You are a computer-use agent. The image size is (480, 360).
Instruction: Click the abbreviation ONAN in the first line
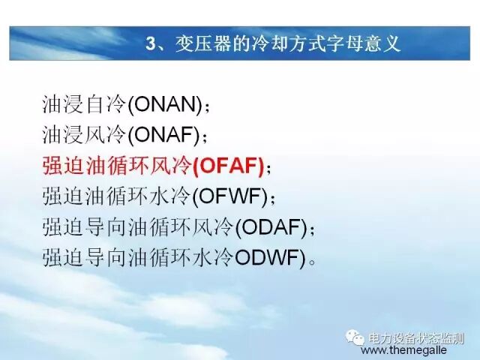[x=164, y=106]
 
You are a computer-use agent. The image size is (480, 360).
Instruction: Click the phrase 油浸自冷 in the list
[x=83, y=106]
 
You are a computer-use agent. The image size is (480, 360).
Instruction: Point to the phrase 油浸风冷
[x=83, y=136]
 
